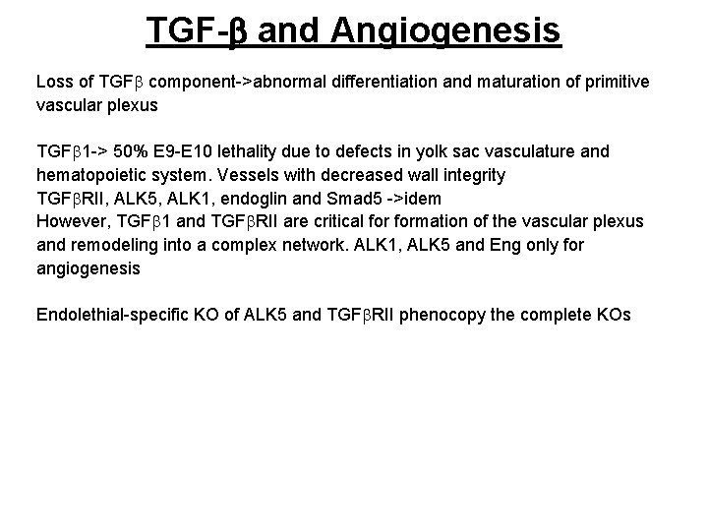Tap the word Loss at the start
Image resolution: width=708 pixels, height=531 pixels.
(54, 82)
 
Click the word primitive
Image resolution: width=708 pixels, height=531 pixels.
(610, 82)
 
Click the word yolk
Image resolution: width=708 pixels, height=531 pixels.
(464, 152)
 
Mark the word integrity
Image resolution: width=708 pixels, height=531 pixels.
(470, 176)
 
